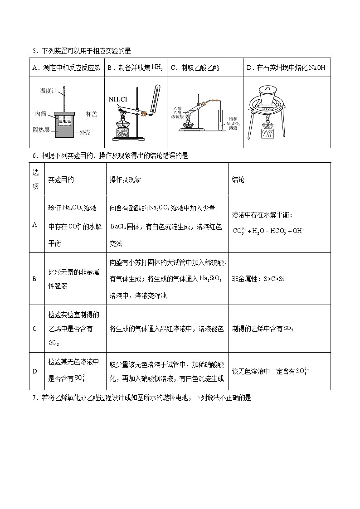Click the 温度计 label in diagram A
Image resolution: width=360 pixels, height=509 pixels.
(x=48, y=91)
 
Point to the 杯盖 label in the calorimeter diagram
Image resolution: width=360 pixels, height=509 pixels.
(x=91, y=114)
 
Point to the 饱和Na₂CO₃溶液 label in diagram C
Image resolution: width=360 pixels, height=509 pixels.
(x=233, y=123)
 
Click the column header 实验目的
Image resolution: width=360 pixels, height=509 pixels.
(x=61, y=180)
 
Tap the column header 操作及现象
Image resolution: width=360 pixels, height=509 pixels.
(x=125, y=180)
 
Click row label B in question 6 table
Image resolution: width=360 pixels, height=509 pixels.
(x=34, y=279)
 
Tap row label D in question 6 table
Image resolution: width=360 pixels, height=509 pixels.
(x=34, y=371)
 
